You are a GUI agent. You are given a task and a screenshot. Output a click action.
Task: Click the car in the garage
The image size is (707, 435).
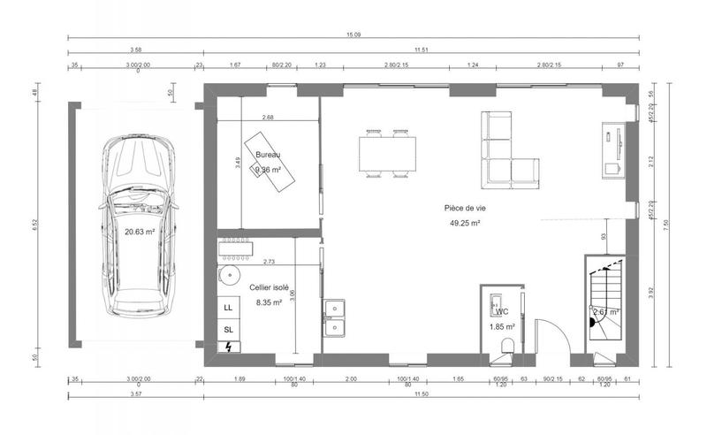137,225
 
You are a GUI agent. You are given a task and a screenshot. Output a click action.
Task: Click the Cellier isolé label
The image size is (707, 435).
269,287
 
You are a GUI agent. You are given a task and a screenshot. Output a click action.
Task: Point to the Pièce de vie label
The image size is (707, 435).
465,208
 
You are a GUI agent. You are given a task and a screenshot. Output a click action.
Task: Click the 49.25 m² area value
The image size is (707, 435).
465,224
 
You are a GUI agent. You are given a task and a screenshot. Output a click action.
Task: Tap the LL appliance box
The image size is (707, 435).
228,308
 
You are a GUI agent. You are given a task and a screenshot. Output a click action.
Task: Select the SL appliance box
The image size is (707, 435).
228,329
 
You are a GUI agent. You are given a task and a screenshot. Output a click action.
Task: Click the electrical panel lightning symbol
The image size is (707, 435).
228,347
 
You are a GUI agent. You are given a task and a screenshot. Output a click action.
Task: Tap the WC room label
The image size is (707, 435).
501,311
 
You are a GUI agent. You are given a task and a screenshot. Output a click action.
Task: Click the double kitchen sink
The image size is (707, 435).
335,318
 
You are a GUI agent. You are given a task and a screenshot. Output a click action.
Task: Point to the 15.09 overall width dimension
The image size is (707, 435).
353,34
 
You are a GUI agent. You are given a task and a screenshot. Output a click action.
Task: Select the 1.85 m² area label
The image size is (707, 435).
501,326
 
